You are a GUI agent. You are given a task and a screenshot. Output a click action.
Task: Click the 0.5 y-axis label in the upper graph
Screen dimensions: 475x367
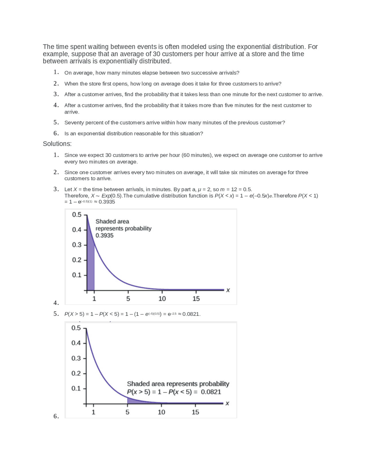click(x=77, y=215)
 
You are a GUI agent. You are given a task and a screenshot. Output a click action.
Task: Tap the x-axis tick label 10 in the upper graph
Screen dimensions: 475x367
click(x=162, y=299)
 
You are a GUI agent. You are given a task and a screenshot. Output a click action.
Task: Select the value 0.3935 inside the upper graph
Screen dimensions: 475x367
click(x=104, y=235)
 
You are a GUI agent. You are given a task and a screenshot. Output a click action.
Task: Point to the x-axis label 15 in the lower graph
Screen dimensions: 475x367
click(x=195, y=412)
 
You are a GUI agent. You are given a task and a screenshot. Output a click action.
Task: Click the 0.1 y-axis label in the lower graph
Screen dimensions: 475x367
click(x=76, y=388)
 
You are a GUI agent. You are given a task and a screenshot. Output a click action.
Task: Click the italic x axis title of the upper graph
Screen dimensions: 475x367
click(x=228, y=290)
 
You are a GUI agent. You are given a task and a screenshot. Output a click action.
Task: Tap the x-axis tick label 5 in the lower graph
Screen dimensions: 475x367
click(x=127, y=412)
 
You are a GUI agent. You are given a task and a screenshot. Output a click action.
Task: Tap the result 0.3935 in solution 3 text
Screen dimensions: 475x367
click(x=107, y=202)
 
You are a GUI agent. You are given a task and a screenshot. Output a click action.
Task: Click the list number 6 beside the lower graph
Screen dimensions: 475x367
click(x=56, y=416)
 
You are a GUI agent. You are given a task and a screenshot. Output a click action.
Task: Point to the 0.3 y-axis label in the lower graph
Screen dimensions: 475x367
click(x=76, y=358)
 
